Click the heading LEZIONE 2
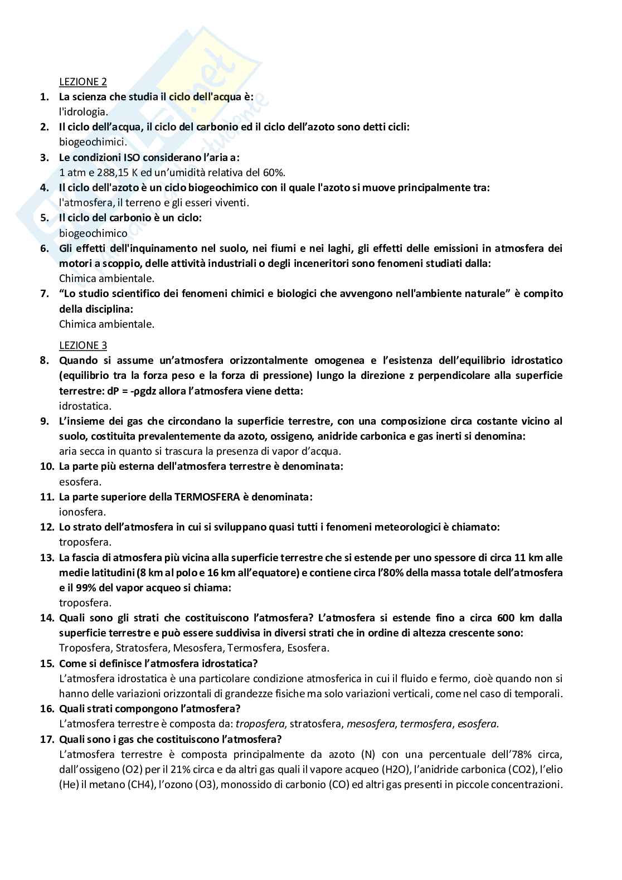tap(82, 81)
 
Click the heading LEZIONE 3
tap(82, 345)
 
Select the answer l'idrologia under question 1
tap(83, 111)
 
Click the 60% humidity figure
tap(274, 172)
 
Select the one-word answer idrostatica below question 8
tap(85, 406)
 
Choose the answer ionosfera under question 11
tap(82, 512)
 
